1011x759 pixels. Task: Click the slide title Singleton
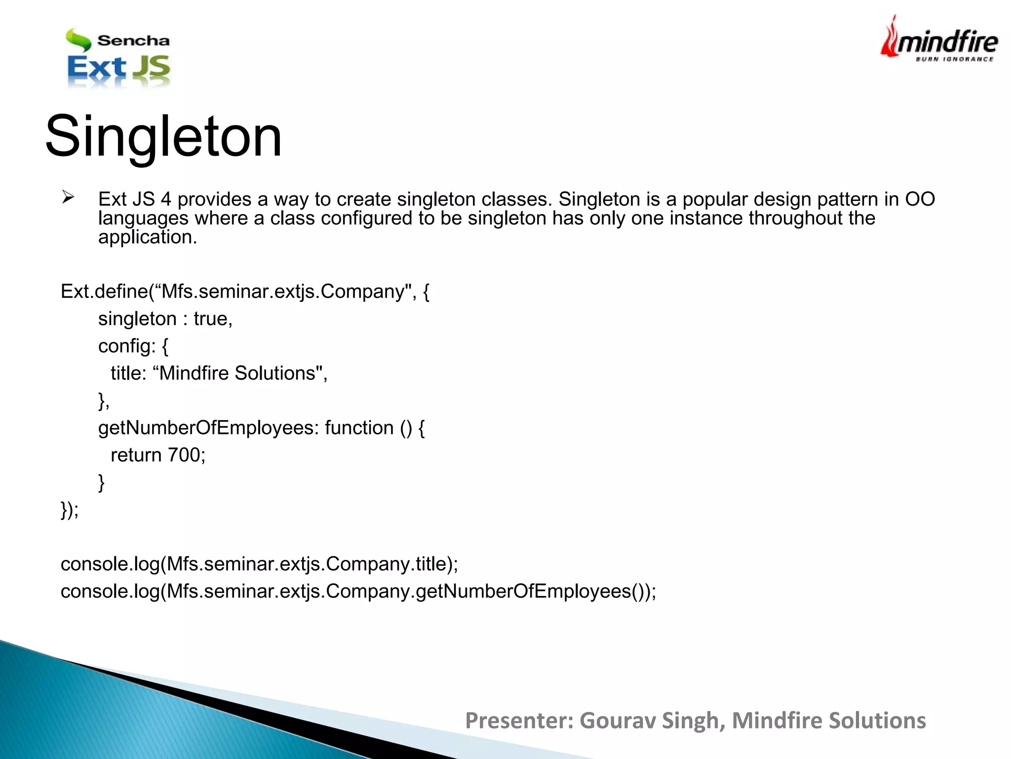(x=163, y=136)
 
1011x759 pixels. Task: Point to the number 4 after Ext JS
(x=166, y=199)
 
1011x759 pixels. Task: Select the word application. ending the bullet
(x=147, y=238)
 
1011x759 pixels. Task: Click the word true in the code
(x=212, y=319)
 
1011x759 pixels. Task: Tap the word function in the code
(x=359, y=428)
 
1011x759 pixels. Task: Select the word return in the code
(x=136, y=455)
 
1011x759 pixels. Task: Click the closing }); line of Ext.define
(x=70, y=509)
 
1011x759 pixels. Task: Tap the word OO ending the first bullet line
(x=920, y=199)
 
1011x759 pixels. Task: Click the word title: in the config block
(x=128, y=374)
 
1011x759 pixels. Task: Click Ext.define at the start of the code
(x=104, y=292)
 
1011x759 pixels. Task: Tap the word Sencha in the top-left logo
(x=133, y=41)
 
